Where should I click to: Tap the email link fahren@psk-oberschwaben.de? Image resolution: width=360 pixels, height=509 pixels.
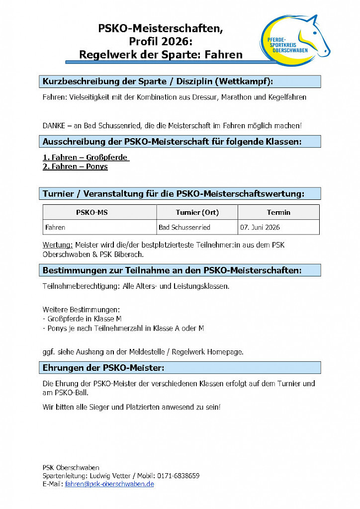pyautogui.click(x=109, y=484)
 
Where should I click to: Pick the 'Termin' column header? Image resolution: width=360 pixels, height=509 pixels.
pyautogui.click(x=278, y=212)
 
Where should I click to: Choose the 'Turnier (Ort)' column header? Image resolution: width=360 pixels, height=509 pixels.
pyautogui.click(x=197, y=212)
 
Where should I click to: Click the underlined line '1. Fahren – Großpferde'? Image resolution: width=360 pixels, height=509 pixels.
pyautogui.click(x=85, y=158)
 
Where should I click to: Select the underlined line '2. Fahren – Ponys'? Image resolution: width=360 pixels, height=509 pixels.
pyautogui.click(x=75, y=167)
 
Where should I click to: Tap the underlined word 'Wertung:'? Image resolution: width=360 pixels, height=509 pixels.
pyautogui.click(x=58, y=245)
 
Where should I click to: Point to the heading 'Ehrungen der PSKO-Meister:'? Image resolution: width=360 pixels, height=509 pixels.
pyautogui.click(x=103, y=368)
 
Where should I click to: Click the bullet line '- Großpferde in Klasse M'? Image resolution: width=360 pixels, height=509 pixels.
pyautogui.click(x=82, y=319)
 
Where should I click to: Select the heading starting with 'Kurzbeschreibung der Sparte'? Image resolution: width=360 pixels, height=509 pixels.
pyautogui.click(x=158, y=82)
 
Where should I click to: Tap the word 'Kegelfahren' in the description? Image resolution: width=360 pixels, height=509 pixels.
pyautogui.click(x=287, y=97)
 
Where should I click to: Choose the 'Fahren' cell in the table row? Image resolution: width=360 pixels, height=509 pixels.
pyautogui.click(x=55, y=227)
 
